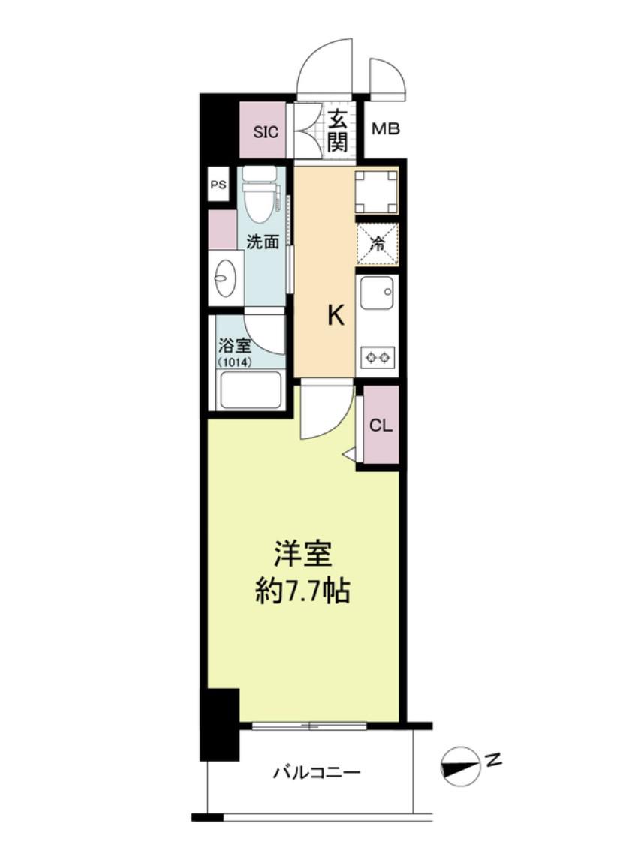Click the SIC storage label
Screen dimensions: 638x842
266,131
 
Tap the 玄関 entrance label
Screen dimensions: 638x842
338,131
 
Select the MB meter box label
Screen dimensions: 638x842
386,129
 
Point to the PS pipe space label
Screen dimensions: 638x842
218,185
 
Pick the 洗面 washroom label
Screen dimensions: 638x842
263,242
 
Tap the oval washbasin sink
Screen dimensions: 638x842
222,278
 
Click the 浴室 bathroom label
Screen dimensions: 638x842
234,344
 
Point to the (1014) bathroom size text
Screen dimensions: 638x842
235,362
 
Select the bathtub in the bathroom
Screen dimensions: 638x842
250,389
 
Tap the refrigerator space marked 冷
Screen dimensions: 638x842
378,245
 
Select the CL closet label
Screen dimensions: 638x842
381,426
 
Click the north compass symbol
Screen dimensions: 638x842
460,765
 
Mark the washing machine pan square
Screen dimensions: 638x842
377,191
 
